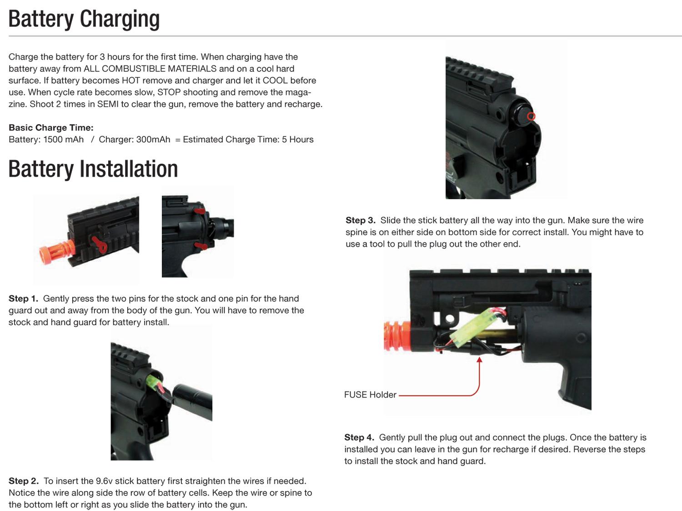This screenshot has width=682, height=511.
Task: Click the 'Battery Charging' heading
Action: click(x=84, y=19)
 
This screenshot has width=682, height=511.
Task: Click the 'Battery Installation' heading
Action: click(x=93, y=169)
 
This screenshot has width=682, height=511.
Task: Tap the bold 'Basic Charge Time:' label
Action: click(x=51, y=127)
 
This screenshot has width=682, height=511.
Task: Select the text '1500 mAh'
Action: click(x=63, y=140)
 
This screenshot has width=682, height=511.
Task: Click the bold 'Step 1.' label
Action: click(x=23, y=299)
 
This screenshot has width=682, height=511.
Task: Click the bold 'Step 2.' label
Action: click(x=24, y=481)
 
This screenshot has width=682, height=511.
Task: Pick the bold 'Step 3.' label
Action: click(x=361, y=220)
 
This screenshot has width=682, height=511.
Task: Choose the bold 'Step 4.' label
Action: click(x=359, y=437)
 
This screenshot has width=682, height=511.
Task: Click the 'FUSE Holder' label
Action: click(x=370, y=395)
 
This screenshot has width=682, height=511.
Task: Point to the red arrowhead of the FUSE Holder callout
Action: click(x=479, y=360)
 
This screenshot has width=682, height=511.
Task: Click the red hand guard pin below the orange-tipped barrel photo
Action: click(x=100, y=244)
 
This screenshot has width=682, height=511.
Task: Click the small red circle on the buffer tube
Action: click(x=531, y=116)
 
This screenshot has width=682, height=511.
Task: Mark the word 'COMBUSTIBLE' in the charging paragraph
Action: click(x=159, y=69)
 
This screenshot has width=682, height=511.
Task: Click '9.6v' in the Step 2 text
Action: click(x=104, y=481)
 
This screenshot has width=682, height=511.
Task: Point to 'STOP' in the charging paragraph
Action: click(x=169, y=92)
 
